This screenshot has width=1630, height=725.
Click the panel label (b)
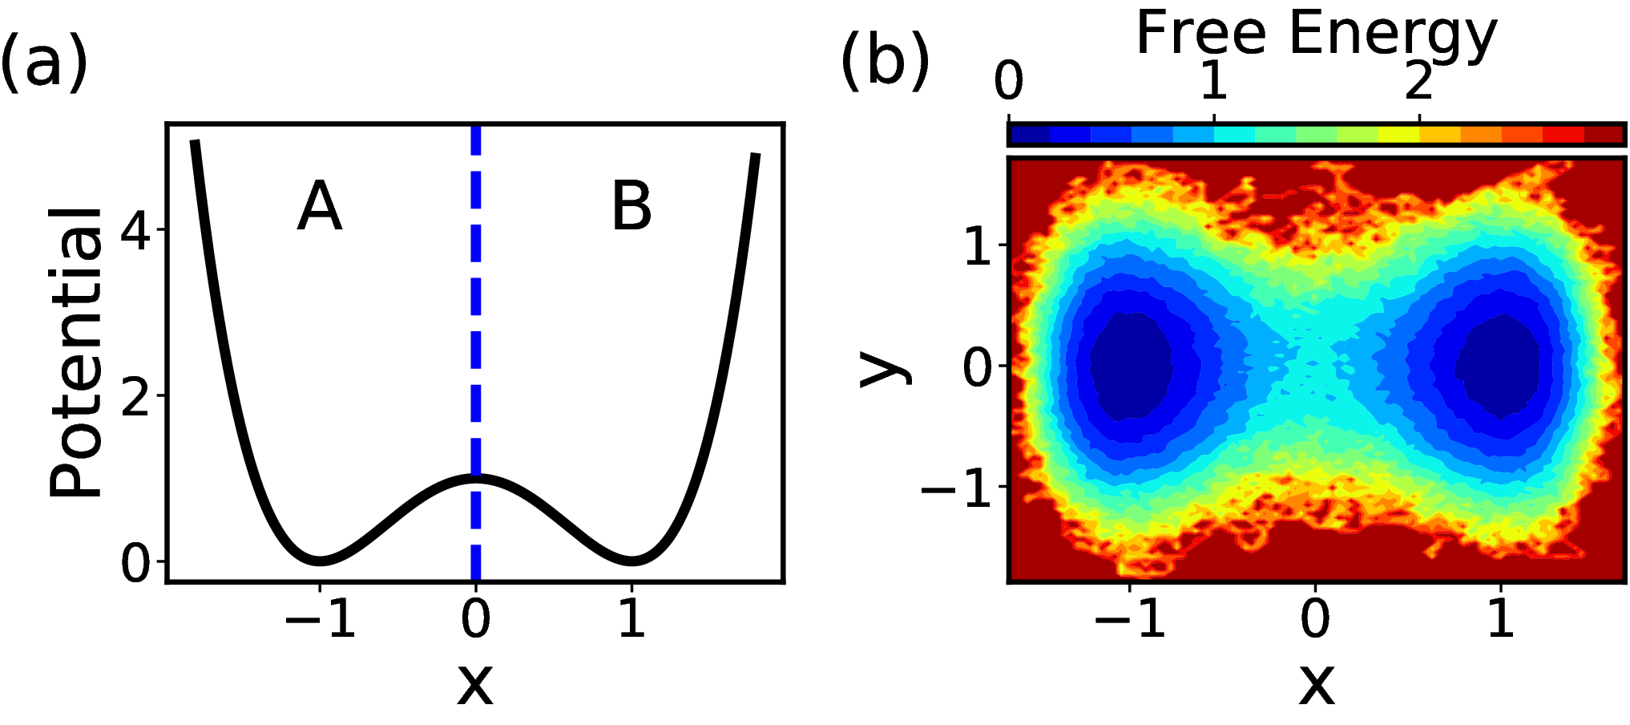pos(885,63)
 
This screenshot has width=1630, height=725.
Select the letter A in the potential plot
pos(320,206)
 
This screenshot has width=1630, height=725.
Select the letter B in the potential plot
pos(631,206)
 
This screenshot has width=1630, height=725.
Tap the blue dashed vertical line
pos(476,353)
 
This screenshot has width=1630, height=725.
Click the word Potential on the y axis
pos(76,352)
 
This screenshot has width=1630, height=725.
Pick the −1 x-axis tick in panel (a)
pos(320,618)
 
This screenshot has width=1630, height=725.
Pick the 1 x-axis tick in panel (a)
pos(632,618)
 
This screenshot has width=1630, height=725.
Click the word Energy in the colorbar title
pos(1393,37)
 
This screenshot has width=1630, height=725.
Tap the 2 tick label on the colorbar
pos(1419,80)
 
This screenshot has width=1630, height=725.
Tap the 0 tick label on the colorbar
pos(1009,80)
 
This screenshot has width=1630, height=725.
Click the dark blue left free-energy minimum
pos(1131,366)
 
